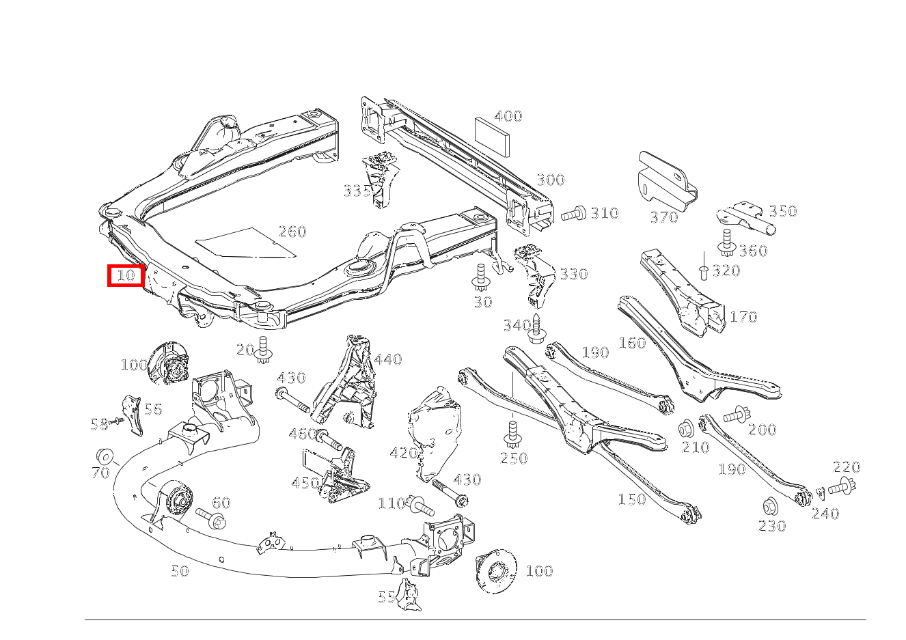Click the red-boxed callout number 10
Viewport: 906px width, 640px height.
point(126,276)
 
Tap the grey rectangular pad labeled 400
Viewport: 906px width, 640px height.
point(491,135)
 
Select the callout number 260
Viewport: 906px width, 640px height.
point(292,232)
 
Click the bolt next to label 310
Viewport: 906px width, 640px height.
point(573,214)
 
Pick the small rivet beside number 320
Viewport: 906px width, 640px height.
point(702,273)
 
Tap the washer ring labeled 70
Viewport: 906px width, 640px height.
point(105,456)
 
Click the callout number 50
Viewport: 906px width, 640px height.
point(179,571)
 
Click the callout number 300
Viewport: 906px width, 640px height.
point(550,180)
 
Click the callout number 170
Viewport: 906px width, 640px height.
point(743,317)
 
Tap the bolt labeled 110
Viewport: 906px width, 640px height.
point(420,506)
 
